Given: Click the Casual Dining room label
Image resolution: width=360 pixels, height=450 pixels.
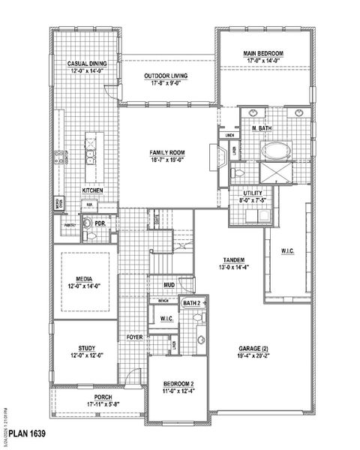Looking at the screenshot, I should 87,64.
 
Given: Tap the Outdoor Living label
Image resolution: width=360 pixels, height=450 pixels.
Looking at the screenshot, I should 166,76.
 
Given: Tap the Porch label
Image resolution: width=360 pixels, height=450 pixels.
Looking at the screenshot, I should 103,397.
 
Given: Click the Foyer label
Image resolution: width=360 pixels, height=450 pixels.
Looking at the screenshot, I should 134,337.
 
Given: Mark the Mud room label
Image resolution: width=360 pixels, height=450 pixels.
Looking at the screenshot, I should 169,285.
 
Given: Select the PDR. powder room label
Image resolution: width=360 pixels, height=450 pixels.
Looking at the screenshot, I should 100,223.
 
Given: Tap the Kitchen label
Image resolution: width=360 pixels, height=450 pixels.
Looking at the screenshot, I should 93,190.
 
